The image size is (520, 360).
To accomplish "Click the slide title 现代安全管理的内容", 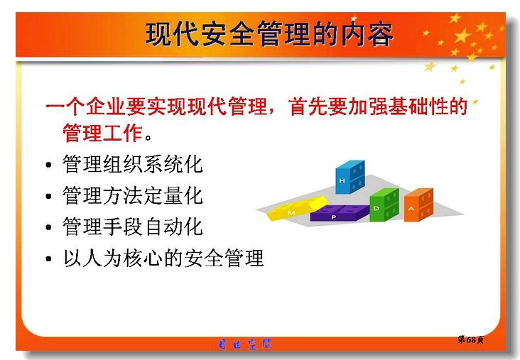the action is [x=269, y=34].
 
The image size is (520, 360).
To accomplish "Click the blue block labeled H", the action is [x=350, y=177].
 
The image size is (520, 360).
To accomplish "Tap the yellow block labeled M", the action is [x=298, y=208].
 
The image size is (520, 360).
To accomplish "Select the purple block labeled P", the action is [x=340, y=213].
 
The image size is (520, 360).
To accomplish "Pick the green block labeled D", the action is [x=384, y=204].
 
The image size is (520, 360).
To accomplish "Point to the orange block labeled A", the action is [x=418, y=205].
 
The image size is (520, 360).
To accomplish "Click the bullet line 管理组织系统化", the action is [x=133, y=164].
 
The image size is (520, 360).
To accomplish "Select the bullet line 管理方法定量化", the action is [x=133, y=195].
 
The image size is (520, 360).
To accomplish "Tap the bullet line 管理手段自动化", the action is [x=133, y=227].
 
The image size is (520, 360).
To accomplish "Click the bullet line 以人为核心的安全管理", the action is [x=163, y=258].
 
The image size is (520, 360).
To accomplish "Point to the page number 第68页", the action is [x=470, y=339].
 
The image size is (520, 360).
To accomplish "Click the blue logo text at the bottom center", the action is [x=245, y=344].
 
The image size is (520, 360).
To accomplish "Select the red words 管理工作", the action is [x=103, y=133].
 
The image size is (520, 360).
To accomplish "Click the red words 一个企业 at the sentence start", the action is [x=86, y=107].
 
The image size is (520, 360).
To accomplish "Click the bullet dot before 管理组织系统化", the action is [x=49, y=165].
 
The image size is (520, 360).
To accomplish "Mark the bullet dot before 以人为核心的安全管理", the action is [x=49, y=259].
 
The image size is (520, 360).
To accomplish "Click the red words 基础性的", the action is [x=428, y=107].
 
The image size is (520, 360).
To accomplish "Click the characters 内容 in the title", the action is [x=367, y=34].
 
